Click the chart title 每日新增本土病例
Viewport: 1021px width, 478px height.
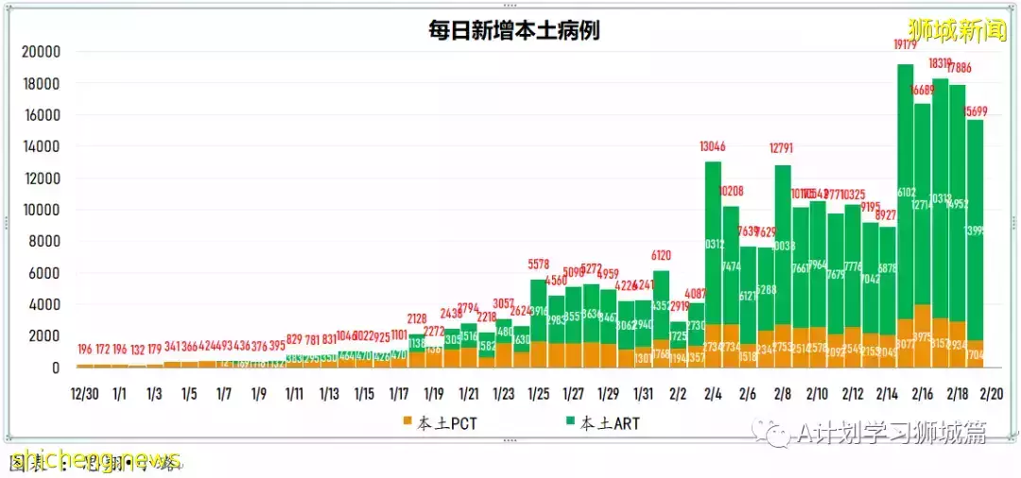click(x=513, y=29)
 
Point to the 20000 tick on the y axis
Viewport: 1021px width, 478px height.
click(x=42, y=52)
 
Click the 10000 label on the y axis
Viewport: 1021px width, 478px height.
click(x=42, y=210)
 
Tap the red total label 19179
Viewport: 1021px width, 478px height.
click(x=905, y=43)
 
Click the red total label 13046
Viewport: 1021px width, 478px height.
click(x=713, y=146)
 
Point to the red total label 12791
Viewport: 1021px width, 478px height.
click(x=783, y=147)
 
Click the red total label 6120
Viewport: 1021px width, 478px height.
click(x=661, y=256)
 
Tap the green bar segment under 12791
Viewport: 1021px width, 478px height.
click(x=783, y=246)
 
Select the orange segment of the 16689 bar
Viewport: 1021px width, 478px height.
click(x=923, y=335)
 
